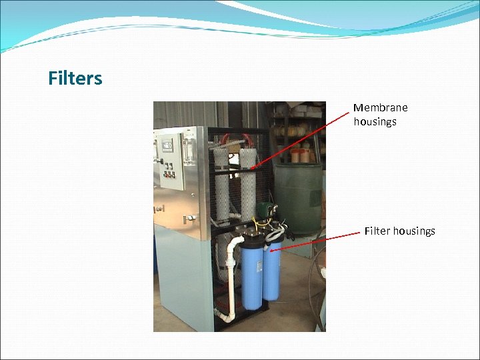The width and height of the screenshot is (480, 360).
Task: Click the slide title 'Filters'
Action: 75,79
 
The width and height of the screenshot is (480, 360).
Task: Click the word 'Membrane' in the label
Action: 380,107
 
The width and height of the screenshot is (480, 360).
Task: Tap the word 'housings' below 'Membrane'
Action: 375,121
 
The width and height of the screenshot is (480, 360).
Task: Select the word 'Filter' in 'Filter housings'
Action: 377,231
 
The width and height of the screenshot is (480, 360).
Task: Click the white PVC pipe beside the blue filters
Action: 232,280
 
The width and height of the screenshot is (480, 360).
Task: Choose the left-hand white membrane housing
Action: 221,183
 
